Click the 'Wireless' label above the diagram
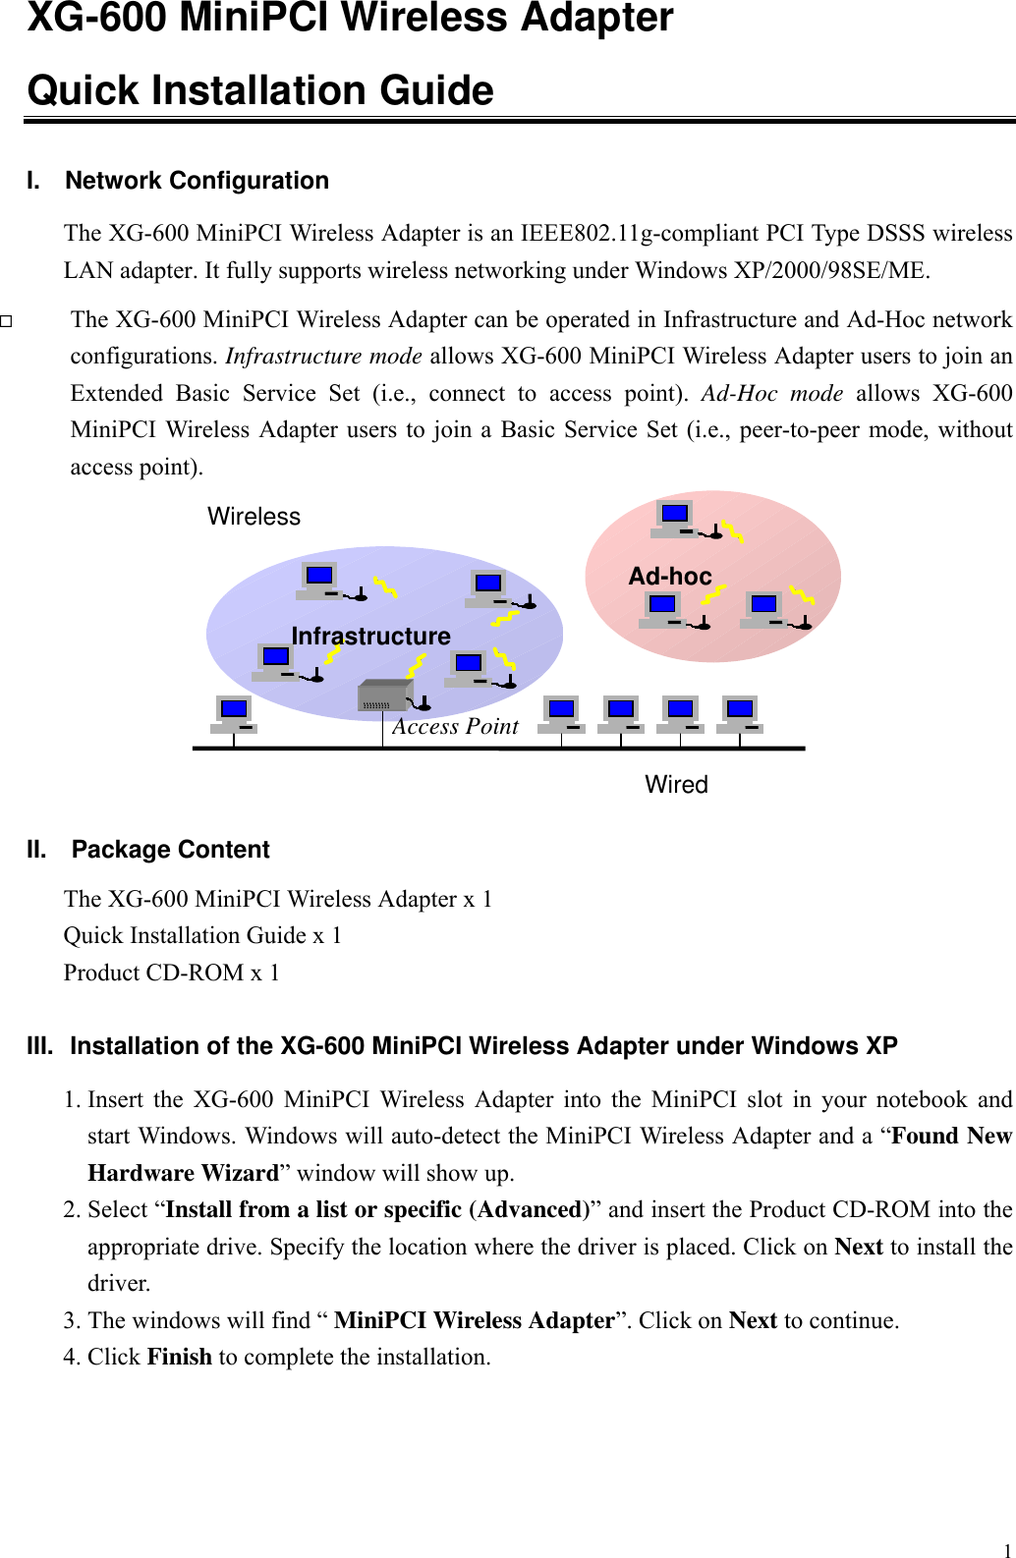point(254,517)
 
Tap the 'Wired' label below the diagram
point(676,784)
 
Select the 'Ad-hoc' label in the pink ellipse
point(670,577)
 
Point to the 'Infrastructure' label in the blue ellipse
point(370,637)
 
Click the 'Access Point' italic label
point(455,726)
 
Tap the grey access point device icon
point(383,695)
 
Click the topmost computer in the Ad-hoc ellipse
point(675,518)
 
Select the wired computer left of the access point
point(234,713)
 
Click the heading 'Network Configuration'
point(197,181)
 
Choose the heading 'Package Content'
point(170,850)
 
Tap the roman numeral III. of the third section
point(40,1046)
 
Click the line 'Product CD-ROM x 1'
point(172,973)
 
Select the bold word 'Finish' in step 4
point(179,1357)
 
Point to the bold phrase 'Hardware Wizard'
point(184,1173)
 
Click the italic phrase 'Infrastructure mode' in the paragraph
point(323,356)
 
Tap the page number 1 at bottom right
point(1007,1550)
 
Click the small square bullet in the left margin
point(6,321)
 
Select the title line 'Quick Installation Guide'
point(260,90)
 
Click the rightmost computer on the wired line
point(740,713)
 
